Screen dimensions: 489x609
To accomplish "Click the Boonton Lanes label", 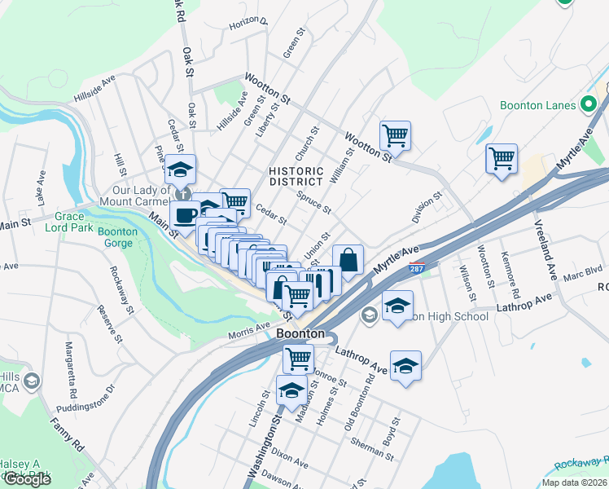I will tap(537, 105).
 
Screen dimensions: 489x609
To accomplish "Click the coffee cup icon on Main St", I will tap(186, 216).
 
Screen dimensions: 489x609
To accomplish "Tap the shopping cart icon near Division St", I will tap(502, 158).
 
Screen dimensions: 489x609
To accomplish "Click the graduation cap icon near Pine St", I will tap(181, 170).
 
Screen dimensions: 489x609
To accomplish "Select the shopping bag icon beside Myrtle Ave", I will tap(348, 261).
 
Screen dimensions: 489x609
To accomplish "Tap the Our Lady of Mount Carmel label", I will tap(135, 193).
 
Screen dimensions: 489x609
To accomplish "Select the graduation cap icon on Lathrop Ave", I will tap(405, 366).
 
